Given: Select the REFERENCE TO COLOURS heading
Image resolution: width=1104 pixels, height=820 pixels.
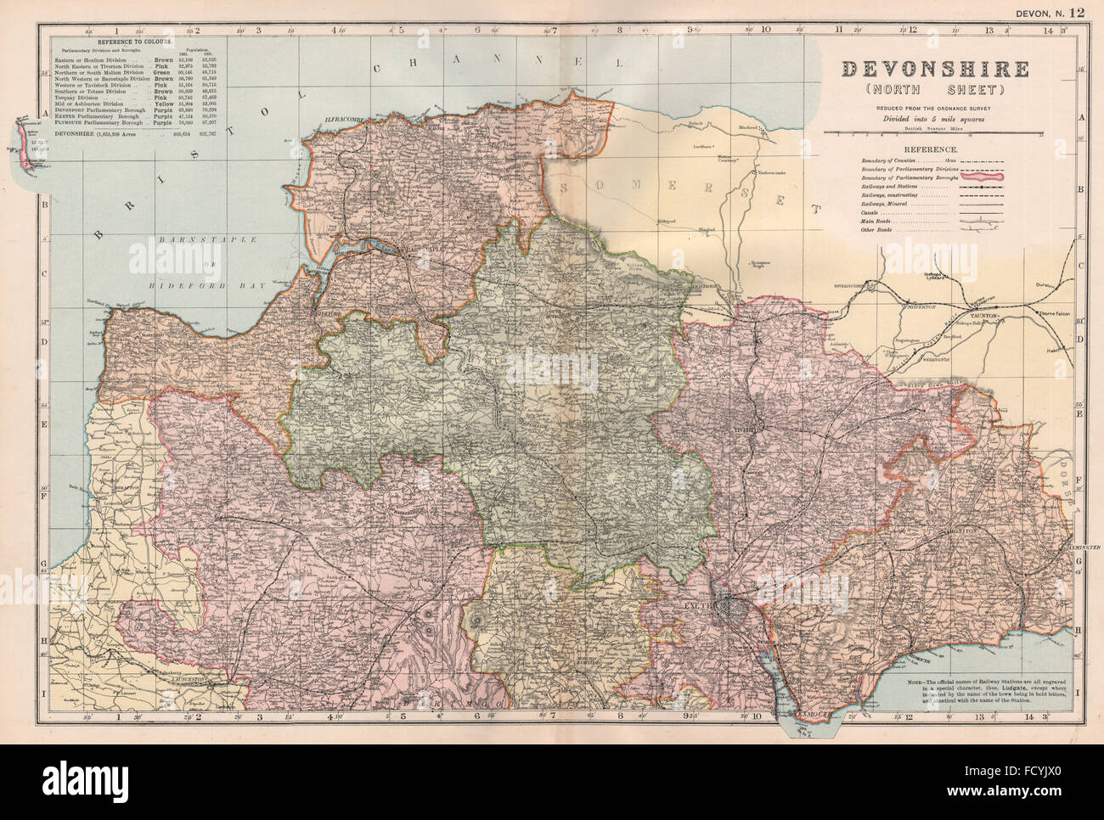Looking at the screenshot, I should pos(133,41).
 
